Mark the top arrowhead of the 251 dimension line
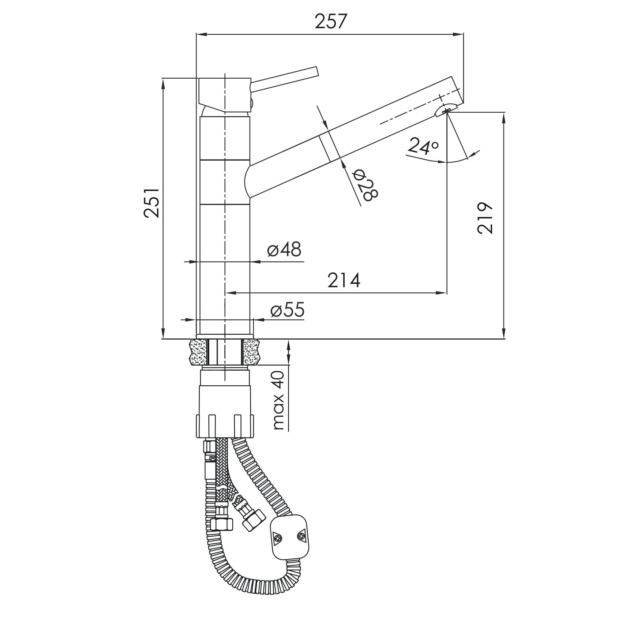pos(163,83)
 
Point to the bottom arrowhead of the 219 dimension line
pos(505,333)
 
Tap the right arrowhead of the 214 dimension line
pos(441,293)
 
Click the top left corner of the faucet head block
pos(199,78)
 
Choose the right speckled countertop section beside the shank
pos(251,352)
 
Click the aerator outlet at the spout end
pos(446,110)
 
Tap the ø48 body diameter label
pos(284,250)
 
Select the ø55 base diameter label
pos(287,310)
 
